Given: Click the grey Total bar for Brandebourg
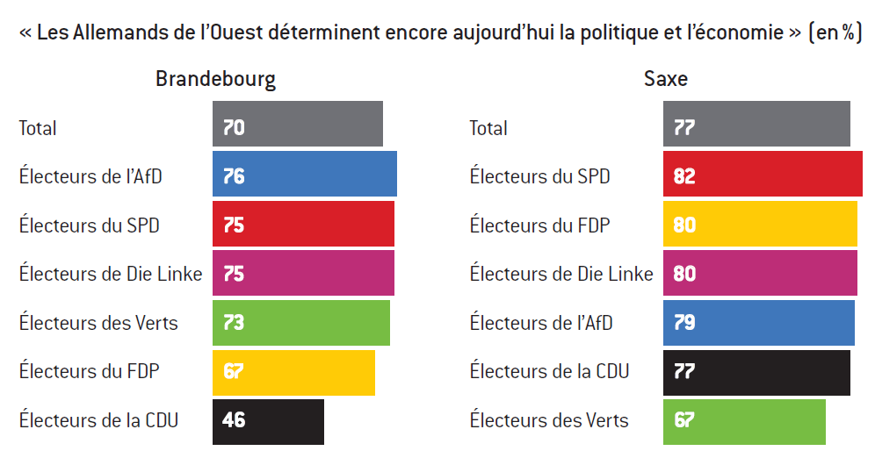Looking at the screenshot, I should click(298, 124).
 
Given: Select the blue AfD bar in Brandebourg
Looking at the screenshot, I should click(305, 174).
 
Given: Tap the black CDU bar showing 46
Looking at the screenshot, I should click(268, 422).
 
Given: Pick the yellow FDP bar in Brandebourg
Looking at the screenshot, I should click(293, 373).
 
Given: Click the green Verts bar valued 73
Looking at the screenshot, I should click(301, 323).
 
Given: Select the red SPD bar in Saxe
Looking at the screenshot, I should click(763, 174).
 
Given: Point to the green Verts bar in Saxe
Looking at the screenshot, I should click(744, 422).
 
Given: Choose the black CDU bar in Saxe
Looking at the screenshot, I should click(756, 373).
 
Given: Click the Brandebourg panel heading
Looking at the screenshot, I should click(215, 79).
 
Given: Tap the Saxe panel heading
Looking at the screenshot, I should click(666, 79).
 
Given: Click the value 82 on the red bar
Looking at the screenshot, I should click(684, 176).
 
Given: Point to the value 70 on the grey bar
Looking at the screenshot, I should click(234, 128).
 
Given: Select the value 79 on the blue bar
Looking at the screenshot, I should click(684, 323).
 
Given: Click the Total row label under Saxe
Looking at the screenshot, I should click(488, 128).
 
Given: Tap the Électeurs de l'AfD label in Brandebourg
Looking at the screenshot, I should click(90, 176).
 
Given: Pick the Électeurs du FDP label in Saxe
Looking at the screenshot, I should click(539, 225).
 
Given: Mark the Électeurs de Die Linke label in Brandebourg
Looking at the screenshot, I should click(111, 274).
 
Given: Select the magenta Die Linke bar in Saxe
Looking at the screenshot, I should click(760, 273).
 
